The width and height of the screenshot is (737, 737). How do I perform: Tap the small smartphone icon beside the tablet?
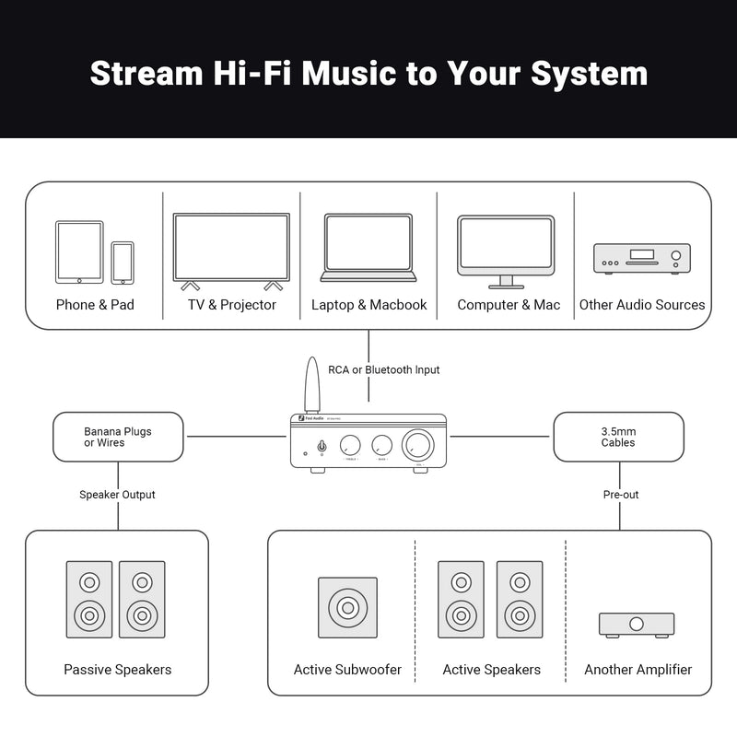[123, 263]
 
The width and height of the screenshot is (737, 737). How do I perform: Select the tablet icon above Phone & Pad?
[78, 252]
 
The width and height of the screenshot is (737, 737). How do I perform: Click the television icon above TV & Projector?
[231, 249]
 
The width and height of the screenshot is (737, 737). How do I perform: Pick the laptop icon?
[368, 248]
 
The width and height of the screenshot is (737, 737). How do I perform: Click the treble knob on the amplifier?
[350, 445]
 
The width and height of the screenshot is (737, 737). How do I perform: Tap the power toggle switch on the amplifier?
[321, 447]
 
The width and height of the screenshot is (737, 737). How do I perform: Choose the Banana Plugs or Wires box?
[118, 437]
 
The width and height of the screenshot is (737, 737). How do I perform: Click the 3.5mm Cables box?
[618, 437]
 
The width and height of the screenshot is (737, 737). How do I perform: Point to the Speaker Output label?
[117, 495]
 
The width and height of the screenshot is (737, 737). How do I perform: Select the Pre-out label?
[621, 495]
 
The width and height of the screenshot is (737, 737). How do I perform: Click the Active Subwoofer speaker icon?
[347, 608]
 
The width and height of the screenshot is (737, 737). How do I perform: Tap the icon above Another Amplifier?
[637, 624]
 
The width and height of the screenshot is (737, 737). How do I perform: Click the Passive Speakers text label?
[117, 670]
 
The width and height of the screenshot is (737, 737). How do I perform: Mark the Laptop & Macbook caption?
[368, 305]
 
